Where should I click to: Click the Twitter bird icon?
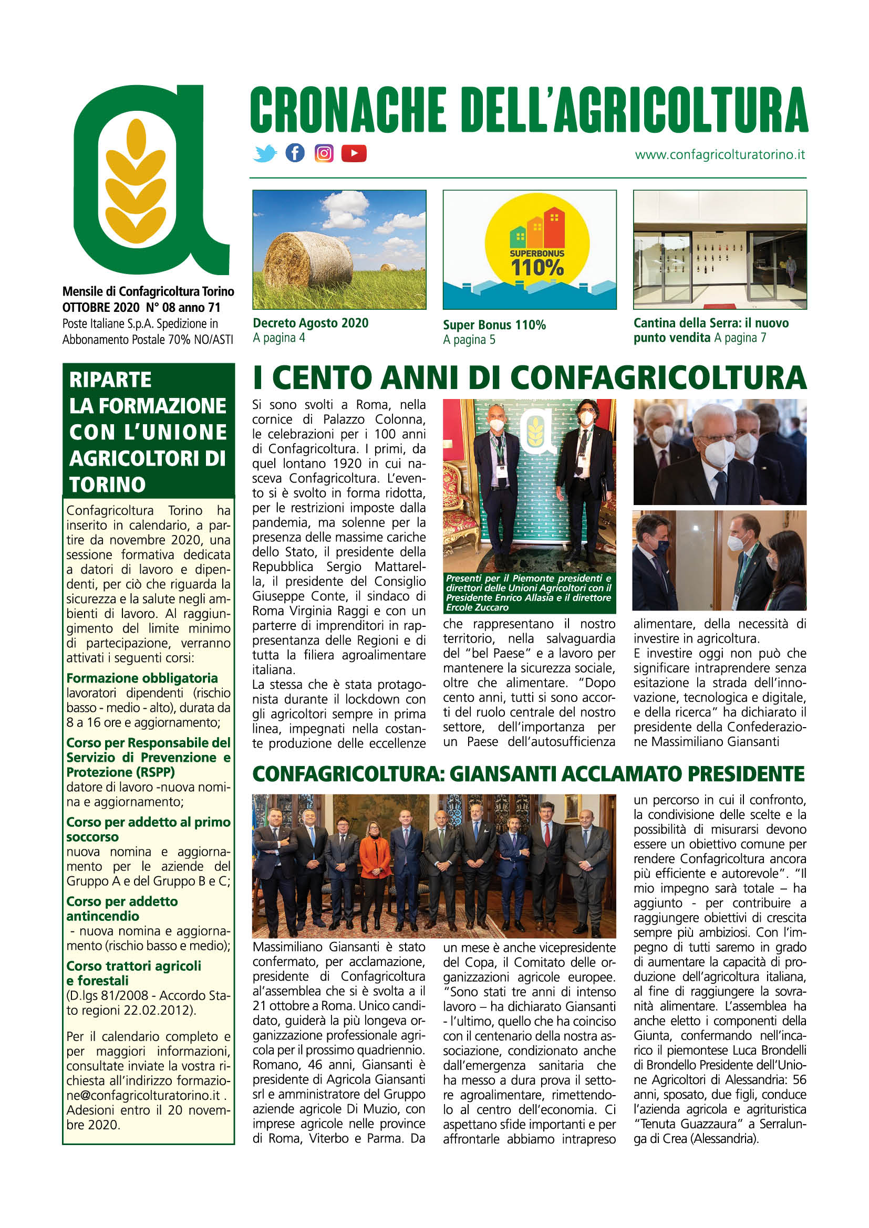[265, 153]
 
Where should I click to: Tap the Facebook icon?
[295, 153]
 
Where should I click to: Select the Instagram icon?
[324, 153]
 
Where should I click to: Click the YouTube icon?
[354, 153]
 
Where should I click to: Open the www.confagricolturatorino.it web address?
[720, 154]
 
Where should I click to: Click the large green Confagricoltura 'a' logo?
[151, 180]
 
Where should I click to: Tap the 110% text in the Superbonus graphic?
[537, 267]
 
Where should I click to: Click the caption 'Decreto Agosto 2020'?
[311, 323]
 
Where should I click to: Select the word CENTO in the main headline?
[322, 378]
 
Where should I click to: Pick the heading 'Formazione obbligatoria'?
[142, 678]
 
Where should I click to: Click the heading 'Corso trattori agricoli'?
[134, 965]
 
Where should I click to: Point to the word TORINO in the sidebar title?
[108, 485]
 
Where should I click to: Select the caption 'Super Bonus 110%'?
[494, 324]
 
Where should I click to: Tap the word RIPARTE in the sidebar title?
[110, 380]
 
